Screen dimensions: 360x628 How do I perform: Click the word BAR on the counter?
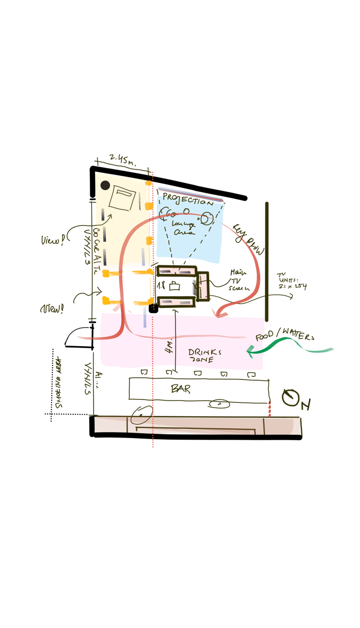(x=180, y=389)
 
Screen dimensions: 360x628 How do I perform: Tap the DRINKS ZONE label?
(x=204, y=355)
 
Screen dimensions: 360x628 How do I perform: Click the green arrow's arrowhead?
(x=251, y=351)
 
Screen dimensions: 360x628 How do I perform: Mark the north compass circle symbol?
(x=291, y=398)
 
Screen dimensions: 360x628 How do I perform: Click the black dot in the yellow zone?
(x=105, y=185)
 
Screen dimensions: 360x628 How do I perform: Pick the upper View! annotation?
(x=51, y=240)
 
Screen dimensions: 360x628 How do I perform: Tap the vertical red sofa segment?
(x=203, y=286)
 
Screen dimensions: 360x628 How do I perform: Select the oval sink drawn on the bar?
(x=219, y=403)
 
